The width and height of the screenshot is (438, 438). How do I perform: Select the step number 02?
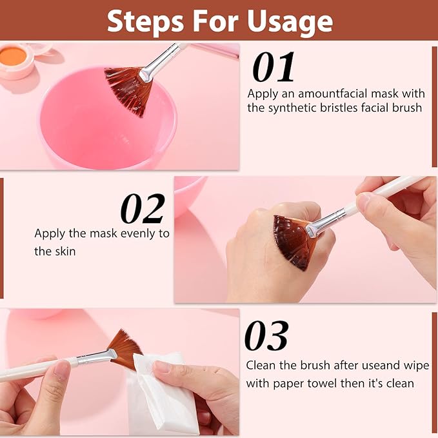(x=143, y=209)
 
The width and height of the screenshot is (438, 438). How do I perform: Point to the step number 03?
(x=266, y=337)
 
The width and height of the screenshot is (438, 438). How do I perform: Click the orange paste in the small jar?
(x=13, y=57)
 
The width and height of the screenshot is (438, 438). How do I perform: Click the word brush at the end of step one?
(x=408, y=108)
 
